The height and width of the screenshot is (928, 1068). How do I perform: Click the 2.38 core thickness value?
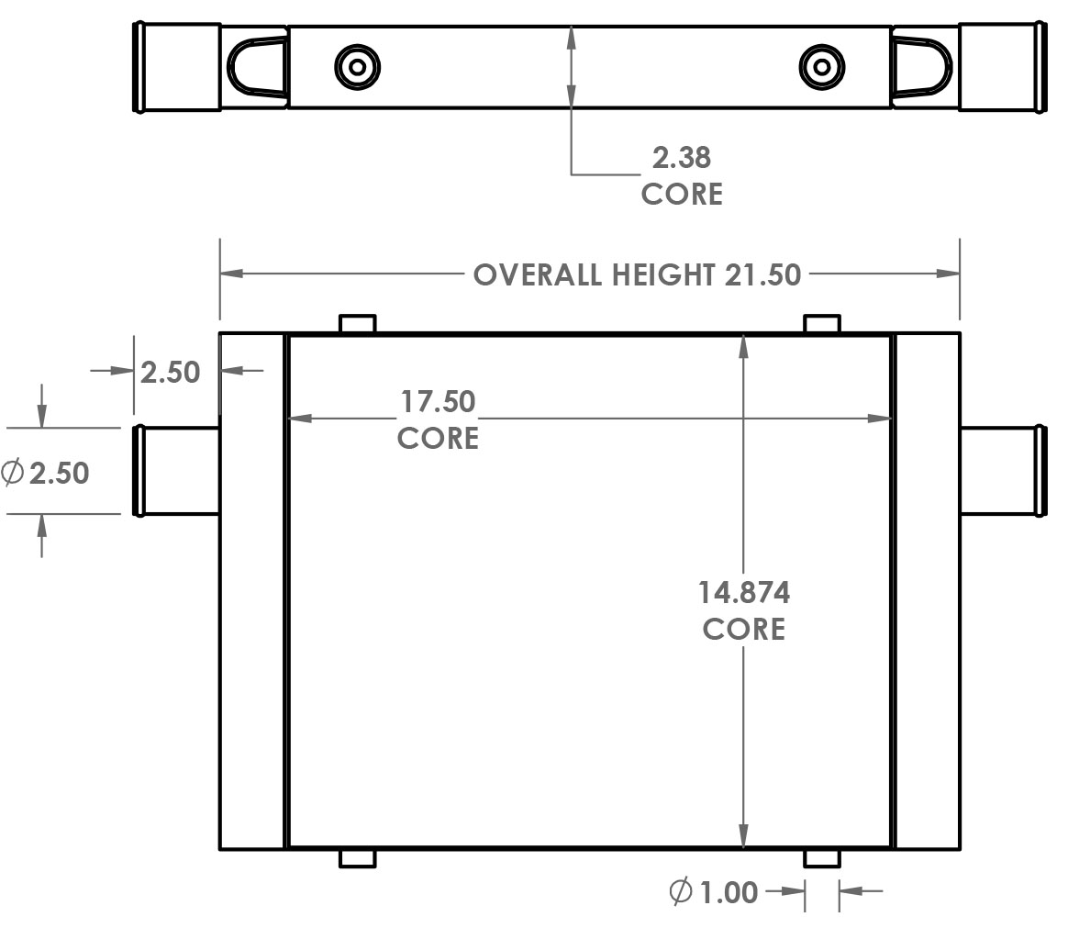[681, 158]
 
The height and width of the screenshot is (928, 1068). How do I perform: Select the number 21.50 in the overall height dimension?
[762, 274]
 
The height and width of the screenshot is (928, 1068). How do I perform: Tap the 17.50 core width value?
[438, 402]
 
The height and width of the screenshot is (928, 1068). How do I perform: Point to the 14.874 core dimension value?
[743, 593]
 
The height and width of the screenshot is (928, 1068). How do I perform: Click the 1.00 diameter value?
[729, 892]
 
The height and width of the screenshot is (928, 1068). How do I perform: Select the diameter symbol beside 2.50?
[13, 473]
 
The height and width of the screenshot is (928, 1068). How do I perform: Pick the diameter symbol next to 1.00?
[680, 891]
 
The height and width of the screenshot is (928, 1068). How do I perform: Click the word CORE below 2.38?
[681, 194]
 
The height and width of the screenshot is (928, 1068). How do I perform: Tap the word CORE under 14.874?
[743, 630]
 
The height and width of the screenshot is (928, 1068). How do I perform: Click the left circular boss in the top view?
[357, 67]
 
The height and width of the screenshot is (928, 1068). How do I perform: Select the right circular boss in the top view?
[822, 67]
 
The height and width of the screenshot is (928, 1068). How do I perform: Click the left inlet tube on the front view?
[177, 471]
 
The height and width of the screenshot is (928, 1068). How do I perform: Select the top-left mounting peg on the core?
[358, 324]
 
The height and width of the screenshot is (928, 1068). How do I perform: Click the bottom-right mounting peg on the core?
[822, 858]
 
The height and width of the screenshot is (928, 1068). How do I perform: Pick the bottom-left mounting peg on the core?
[358, 858]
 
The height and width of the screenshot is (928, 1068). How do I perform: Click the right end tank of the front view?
[927, 591]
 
